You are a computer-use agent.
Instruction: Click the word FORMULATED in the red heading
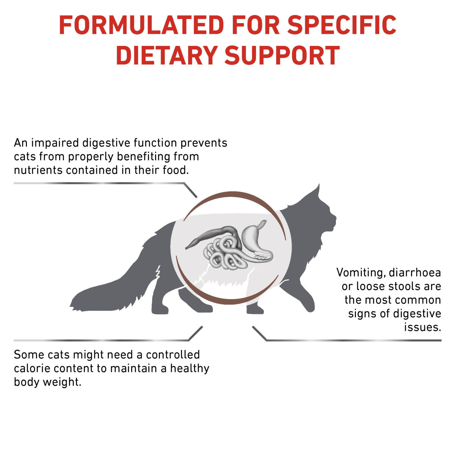coord(141,25)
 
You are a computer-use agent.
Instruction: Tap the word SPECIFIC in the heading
coord(342,25)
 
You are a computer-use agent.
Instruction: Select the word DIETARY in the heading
coord(167,55)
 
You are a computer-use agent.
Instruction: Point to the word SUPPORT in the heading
coord(282,55)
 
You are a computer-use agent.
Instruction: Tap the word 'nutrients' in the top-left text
coord(38,170)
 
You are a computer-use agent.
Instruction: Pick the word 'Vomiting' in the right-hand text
coord(361,273)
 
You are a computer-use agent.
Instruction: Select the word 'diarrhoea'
coord(415,273)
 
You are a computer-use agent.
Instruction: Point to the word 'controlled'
coord(173,355)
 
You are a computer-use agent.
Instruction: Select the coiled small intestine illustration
coord(224,256)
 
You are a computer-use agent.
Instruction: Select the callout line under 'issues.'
coord(347,340)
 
